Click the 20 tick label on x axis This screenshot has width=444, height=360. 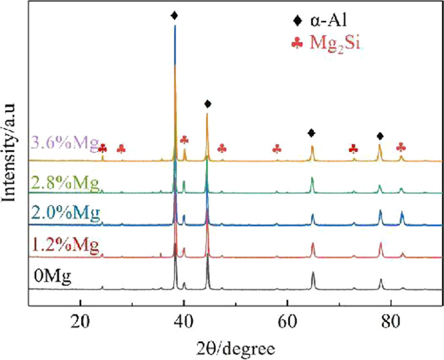click(80, 320)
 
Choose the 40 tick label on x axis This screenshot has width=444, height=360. click(183, 320)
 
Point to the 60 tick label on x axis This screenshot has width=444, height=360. click(286, 320)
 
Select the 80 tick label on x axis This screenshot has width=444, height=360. click(390, 320)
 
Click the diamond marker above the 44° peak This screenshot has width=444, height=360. click(207, 104)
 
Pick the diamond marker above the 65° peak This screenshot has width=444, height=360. click(312, 133)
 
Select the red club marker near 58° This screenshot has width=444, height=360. click(277, 149)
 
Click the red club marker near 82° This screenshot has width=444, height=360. click(401, 147)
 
